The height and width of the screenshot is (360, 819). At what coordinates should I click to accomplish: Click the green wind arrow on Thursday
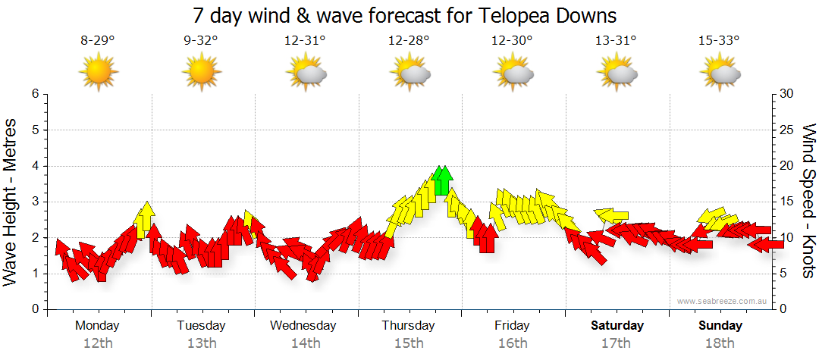pyautogui.click(x=443, y=180)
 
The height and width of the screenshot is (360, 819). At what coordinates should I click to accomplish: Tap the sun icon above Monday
pyautogui.click(x=98, y=73)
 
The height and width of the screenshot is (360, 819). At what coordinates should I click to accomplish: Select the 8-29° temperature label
pyautogui.click(x=98, y=41)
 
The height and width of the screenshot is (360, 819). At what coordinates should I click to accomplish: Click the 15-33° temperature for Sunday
pyautogui.click(x=718, y=41)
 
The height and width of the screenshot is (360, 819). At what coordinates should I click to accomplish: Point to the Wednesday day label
pyautogui.click(x=303, y=326)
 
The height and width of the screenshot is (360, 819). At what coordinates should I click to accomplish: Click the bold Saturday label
pyautogui.click(x=617, y=326)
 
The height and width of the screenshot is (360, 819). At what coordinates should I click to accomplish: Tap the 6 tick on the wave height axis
pyautogui.click(x=34, y=94)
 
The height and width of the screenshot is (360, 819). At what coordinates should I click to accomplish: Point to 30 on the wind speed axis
pyautogui.click(x=787, y=94)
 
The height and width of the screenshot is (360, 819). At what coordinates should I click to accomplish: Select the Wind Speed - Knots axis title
pyautogui.click(x=808, y=201)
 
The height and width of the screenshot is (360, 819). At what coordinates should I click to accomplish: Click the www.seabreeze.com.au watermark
pyautogui.click(x=723, y=302)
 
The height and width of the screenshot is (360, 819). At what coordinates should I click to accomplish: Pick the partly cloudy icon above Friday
pyautogui.click(x=513, y=74)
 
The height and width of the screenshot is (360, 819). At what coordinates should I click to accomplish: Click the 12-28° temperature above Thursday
pyautogui.click(x=409, y=41)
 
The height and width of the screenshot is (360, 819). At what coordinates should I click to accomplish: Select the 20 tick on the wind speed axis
pyautogui.click(x=787, y=166)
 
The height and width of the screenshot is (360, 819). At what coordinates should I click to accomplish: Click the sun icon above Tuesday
pyautogui.click(x=201, y=73)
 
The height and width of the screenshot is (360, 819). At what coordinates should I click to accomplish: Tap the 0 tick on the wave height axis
pyautogui.click(x=34, y=310)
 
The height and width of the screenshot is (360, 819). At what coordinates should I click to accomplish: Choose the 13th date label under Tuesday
pyautogui.click(x=201, y=343)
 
